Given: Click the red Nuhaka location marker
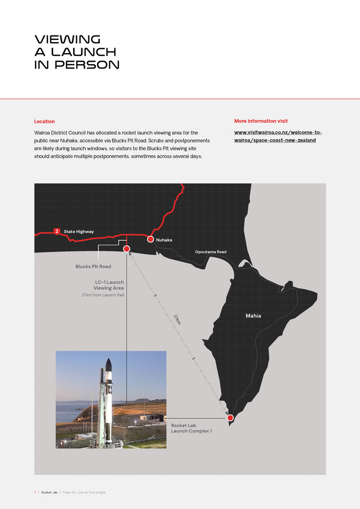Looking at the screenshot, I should [150, 239].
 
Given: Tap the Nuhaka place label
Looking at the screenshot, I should [164, 240].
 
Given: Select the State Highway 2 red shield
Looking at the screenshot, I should [57, 231].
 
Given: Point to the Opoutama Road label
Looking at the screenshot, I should [210, 252].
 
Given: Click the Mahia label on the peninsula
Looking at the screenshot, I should [253, 316].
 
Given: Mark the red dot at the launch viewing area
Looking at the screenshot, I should [127, 249].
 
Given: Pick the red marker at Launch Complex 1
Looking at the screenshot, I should [230, 418].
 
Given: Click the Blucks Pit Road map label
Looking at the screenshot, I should [93, 266].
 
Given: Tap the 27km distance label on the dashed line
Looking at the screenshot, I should [177, 319].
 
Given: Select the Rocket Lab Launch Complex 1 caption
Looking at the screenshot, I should [191, 428].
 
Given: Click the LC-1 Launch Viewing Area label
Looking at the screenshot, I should [109, 285].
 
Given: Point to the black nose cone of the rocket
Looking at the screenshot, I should [108, 365].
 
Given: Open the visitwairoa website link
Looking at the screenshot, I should [278, 136].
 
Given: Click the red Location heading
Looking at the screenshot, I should [44, 121].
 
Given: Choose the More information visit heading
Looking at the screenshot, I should [261, 121].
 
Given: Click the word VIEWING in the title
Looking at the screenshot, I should [67, 40].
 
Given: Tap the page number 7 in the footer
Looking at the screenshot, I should [35, 492].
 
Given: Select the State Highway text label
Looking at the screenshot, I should [79, 232].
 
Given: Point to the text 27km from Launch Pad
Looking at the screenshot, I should [103, 295].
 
